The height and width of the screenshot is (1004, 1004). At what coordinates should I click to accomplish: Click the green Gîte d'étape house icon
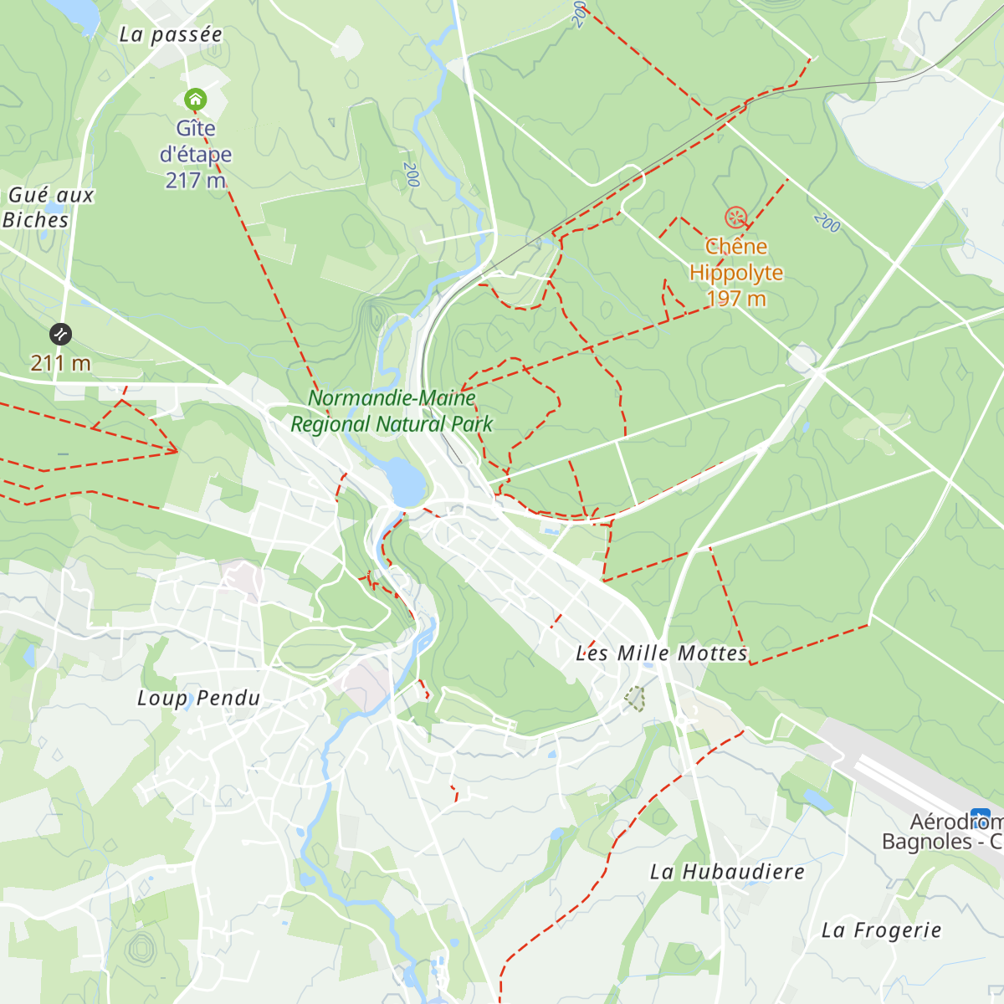coord(195,100)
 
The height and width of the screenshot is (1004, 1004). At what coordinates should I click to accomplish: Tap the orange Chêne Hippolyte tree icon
coord(735,218)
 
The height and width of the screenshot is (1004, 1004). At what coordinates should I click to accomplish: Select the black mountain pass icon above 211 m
coord(60,335)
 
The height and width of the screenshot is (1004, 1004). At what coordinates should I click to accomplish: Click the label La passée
coord(171,34)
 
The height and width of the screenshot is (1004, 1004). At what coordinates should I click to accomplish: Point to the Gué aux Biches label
coord(49,207)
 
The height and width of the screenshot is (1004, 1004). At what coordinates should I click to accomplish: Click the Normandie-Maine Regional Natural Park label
coord(392,411)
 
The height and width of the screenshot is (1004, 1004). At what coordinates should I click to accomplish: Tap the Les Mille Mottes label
coord(661,653)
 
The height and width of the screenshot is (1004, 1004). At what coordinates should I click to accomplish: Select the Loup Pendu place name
coord(198,699)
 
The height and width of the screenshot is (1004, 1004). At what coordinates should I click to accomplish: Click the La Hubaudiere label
coord(727,872)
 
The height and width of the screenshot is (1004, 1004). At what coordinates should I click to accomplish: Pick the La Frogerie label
coord(881,930)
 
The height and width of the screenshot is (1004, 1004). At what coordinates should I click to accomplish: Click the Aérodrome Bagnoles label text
coord(941,832)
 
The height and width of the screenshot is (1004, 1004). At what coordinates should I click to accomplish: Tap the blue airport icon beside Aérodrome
coord(981,817)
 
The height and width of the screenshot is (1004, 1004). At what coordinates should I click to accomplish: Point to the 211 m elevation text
coord(60,363)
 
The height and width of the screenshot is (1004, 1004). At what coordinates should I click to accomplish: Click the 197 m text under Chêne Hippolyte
coord(735,299)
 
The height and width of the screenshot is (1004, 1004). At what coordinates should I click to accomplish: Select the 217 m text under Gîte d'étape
coord(195,180)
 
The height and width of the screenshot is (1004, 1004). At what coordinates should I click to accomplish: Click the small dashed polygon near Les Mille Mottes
coord(635,699)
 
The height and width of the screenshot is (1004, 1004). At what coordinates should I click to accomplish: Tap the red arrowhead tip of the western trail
coord(177,452)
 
